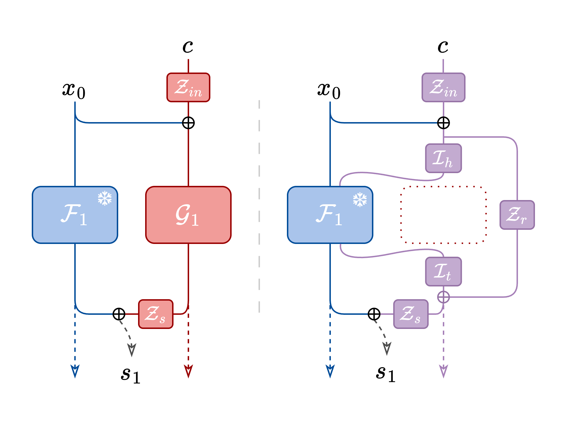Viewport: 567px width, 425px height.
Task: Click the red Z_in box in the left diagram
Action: coord(188,87)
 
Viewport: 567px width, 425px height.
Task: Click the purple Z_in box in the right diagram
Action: coord(443,87)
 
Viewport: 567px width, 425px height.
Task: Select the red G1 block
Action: coord(188,215)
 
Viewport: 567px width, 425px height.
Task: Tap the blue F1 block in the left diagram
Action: coord(75,215)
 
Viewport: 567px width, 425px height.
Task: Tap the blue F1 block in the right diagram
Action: coord(330,215)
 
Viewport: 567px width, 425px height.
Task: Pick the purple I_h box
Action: coord(443,158)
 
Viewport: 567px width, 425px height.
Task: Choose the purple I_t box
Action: coord(443,271)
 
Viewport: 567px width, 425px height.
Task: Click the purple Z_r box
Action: coord(517,215)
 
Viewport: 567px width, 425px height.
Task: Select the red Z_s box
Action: coord(156,314)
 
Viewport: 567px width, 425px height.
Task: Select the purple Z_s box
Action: coord(411,314)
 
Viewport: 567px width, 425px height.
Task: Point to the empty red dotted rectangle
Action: coord(443,215)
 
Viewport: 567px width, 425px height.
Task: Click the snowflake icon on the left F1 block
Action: coord(105,198)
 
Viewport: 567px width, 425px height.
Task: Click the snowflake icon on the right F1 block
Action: coord(360,199)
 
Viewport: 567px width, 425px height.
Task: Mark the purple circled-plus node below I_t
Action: coord(443,297)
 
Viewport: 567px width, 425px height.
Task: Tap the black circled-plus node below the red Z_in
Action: coord(188,123)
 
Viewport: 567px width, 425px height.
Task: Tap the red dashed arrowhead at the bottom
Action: coord(188,371)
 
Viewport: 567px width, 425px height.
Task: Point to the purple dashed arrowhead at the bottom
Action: coord(443,371)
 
